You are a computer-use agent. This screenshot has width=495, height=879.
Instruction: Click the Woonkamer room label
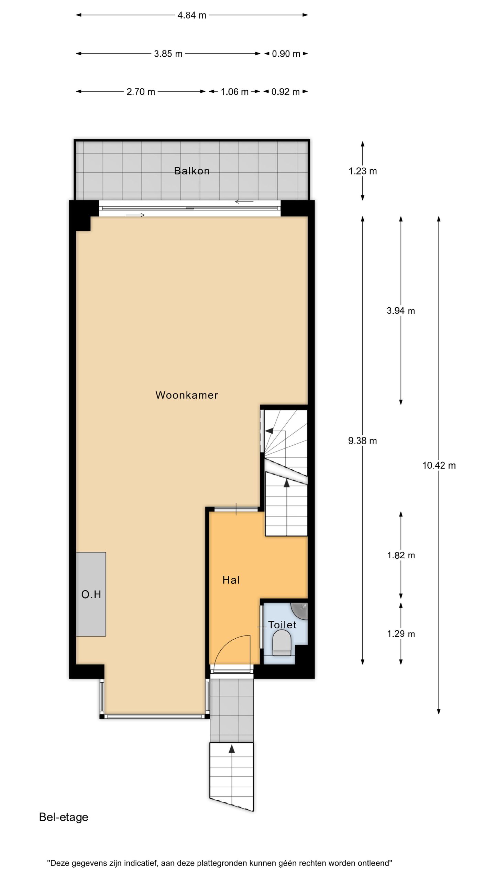[x=187, y=395]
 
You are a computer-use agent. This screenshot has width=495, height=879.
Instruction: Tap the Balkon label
[x=192, y=171]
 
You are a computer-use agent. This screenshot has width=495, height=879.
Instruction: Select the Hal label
[x=231, y=580]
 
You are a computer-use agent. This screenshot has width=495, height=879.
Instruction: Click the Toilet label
[x=282, y=625]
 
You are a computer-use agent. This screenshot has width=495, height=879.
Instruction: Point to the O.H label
[x=91, y=594]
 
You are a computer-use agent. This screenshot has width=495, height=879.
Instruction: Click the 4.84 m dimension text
[x=192, y=15]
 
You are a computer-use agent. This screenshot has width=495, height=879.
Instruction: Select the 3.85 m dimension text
[x=168, y=54]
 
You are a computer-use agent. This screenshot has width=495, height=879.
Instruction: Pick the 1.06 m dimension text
[x=234, y=92]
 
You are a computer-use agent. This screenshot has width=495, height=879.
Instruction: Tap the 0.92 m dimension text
[x=285, y=92]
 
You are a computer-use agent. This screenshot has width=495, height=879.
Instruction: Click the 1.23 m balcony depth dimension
[x=363, y=171]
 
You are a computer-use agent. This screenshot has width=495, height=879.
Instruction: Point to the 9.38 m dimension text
[x=362, y=441]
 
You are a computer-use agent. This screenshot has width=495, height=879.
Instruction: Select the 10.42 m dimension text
[x=439, y=466]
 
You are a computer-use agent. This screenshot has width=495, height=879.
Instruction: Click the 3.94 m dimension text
[x=401, y=311]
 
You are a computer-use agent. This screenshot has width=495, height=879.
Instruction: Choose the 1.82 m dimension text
[x=401, y=555]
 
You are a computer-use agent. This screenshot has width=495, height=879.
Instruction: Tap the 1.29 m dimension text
[x=401, y=634]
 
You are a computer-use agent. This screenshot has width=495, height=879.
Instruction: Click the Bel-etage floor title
[x=64, y=817]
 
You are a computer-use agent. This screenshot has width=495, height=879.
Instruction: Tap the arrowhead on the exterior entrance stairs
[x=232, y=749]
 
